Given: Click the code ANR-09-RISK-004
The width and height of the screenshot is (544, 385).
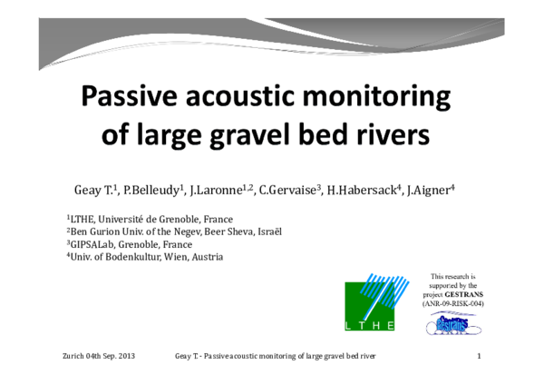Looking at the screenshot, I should [453, 303].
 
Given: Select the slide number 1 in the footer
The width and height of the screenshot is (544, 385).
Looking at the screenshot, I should [478, 355].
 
